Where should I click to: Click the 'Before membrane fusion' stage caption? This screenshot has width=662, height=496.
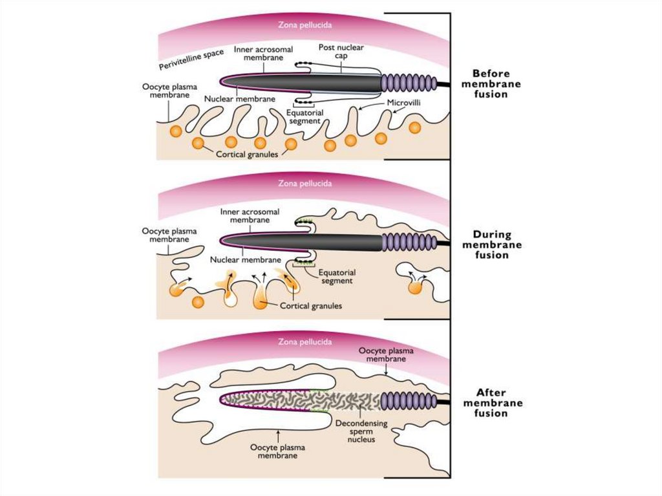coord(496,84)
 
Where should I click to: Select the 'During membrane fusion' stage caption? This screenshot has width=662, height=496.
coord(496,244)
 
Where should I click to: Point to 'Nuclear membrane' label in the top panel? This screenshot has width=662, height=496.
coord(240,100)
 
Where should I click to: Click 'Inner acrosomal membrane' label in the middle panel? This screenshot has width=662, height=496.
coord(248,215)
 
